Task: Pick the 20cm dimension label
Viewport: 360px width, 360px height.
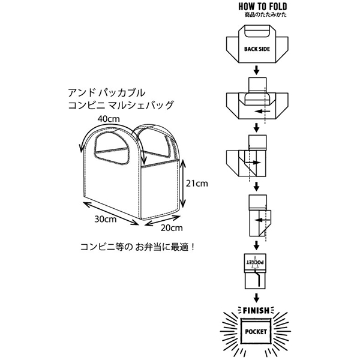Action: pos(172,227)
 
